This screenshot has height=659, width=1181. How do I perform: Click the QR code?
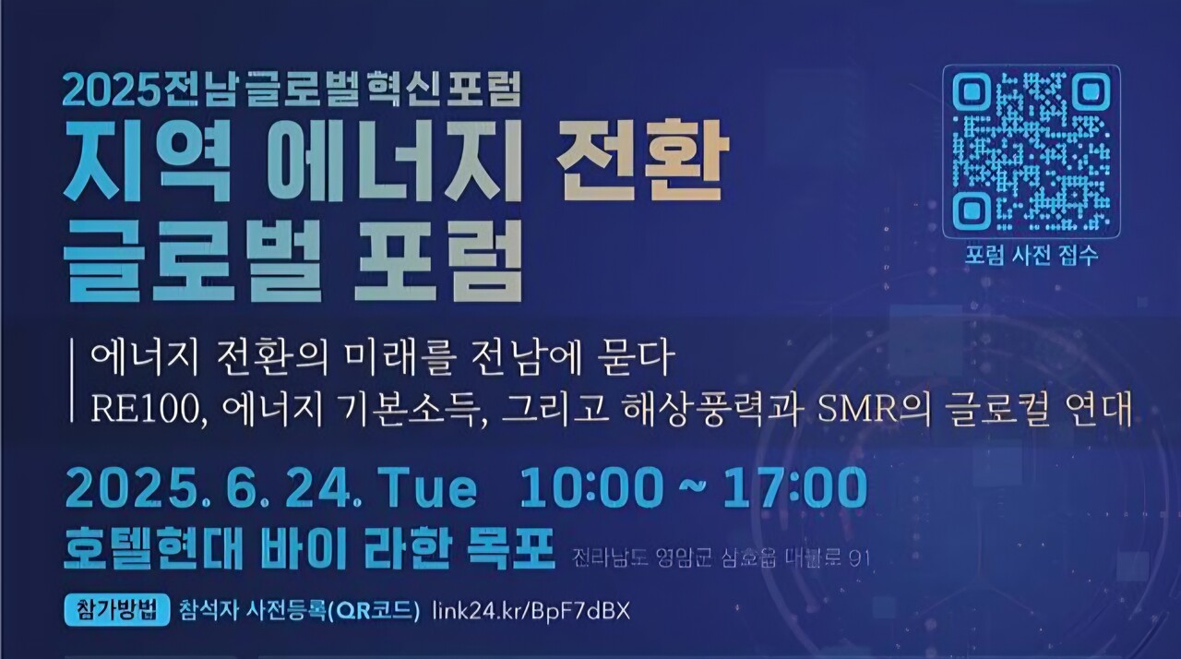(x=1031, y=153)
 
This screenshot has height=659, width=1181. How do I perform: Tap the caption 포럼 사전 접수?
(x=1032, y=256)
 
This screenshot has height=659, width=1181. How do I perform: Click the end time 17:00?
(x=794, y=488)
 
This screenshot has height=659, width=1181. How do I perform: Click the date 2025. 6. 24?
(x=209, y=488)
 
